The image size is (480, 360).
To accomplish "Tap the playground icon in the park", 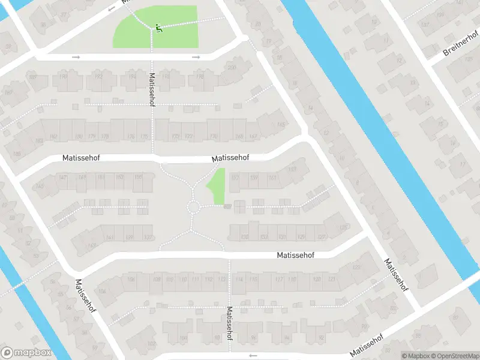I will (x=158, y=27).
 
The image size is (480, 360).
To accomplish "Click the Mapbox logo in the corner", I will (x=26, y=353).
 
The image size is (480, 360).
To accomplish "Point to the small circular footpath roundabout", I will (x=193, y=207).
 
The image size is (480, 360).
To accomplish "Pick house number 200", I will (x=232, y=67).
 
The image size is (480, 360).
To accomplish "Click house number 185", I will (x=16, y=154).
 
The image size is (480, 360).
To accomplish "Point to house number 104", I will (x=102, y=292).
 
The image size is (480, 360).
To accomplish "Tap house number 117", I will (x=278, y=279).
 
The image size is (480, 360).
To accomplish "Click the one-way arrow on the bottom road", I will (x=253, y=355).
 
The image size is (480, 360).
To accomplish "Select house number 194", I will (x=133, y=77).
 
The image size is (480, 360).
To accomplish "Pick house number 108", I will (x=157, y=279).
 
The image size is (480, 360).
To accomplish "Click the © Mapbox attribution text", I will (x=416, y=356).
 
